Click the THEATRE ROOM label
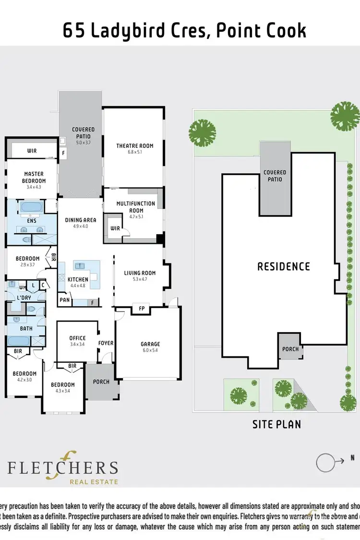(x=135, y=146)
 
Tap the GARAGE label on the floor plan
(x=150, y=344)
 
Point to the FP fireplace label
(x=141, y=308)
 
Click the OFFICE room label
(x=77, y=338)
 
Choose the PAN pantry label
(x=64, y=300)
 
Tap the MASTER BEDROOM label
(x=34, y=177)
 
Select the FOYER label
(x=106, y=343)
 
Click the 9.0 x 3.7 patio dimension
(x=83, y=143)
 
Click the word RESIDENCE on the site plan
(x=284, y=266)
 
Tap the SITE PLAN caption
(x=276, y=424)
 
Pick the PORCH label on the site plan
(x=290, y=349)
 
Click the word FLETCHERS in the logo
(x=62, y=468)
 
